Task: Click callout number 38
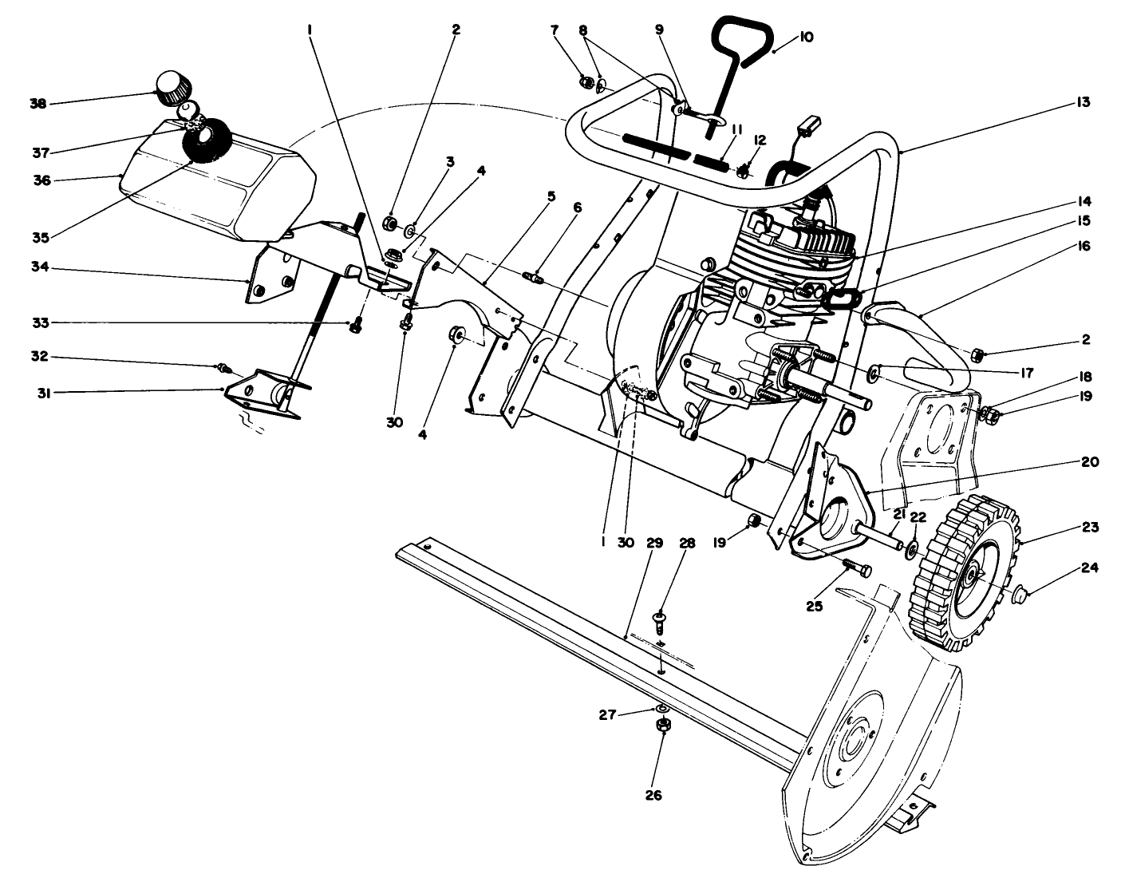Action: [37, 104]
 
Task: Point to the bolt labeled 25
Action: [856, 568]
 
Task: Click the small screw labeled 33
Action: [357, 325]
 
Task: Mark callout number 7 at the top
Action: [555, 30]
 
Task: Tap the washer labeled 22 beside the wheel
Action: [911, 549]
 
